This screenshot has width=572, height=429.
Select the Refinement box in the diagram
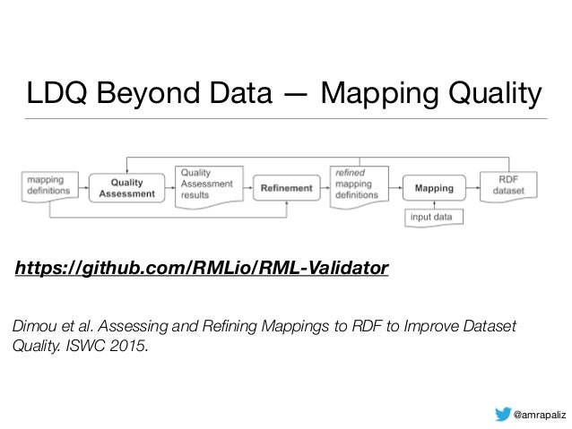click(286, 188)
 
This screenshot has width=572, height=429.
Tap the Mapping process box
click(434, 188)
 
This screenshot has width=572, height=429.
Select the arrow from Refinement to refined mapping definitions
click(325, 188)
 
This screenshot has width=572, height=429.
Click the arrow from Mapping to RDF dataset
click(472, 188)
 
